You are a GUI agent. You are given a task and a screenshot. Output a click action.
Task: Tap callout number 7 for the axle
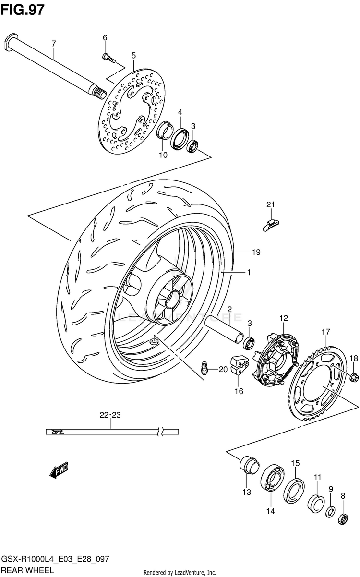tap(54, 44)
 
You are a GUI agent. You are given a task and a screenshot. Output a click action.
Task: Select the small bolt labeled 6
tap(108, 58)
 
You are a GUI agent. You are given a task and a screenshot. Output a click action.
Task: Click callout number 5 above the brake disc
tap(133, 55)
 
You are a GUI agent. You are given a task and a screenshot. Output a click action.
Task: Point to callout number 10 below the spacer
tap(163, 155)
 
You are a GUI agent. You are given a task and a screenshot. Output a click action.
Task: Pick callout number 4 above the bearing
tap(180, 112)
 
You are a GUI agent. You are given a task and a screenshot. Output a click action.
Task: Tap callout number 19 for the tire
tap(256, 252)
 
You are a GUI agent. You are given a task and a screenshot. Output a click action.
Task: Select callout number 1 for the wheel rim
tap(249, 273)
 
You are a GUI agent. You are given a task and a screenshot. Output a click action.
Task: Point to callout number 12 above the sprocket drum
tap(284, 318)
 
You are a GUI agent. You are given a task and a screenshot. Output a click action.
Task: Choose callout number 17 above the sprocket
tap(325, 332)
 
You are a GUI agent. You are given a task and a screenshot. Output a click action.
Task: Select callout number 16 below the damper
tap(239, 392)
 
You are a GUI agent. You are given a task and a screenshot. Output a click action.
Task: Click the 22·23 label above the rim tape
tap(110, 414)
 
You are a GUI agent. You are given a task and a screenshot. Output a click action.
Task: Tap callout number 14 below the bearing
tap(271, 511)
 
